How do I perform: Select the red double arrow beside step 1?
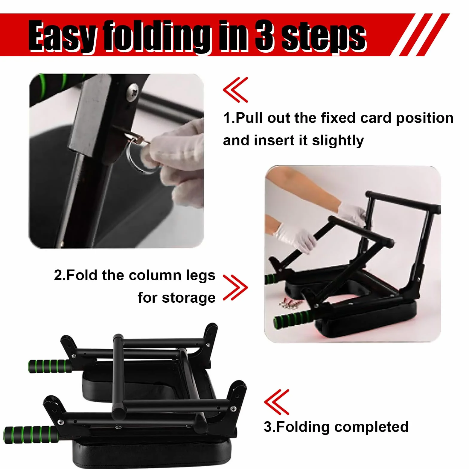coord(236,90)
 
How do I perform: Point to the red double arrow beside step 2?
coord(236,288)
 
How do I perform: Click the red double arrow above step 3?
coord(277,402)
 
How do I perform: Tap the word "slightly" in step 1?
coord(338,141)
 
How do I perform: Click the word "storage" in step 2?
coord(189,298)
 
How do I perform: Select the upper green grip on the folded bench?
coord(50,366)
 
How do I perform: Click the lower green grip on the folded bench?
coord(31,434)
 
